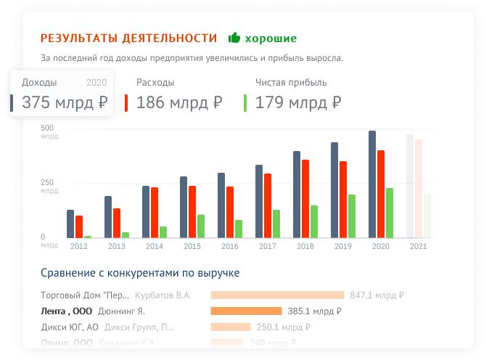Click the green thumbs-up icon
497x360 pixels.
[234, 38]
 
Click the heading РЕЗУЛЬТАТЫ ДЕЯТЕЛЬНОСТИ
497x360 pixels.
[128, 38]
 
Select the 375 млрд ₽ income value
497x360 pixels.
[65, 103]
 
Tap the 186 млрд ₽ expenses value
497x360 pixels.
[178, 103]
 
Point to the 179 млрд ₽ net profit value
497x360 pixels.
[297, 103]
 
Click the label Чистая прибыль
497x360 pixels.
[291, 83]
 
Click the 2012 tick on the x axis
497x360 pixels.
[79, 247]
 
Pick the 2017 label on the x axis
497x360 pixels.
[268, 247]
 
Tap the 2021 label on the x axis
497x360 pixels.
[419, 247]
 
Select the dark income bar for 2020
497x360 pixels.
[372, 184]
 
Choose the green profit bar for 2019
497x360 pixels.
[352, 216]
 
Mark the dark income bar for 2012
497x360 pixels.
[70, 224]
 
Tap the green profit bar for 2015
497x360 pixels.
[201, 226]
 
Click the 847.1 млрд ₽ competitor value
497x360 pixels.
[377, 295]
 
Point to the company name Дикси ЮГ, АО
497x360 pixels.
[69, 327]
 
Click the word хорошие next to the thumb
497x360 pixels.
[271, 38]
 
